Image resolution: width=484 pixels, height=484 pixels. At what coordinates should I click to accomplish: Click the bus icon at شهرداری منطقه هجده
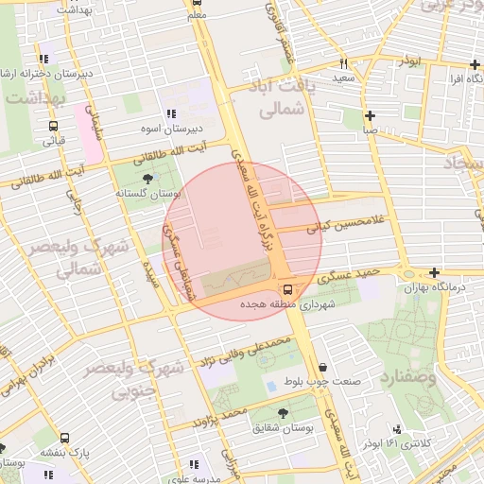pyautogui.click(x=286, y=289)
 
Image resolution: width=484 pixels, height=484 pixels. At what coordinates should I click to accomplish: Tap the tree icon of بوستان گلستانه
pyautogui.click(x=147, y=178)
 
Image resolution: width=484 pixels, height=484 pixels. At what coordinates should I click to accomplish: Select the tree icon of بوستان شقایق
pyautogui.click(x=283, y=413)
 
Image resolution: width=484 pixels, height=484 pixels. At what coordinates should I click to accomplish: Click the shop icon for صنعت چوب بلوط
pyautogui.click(x=323, y=368)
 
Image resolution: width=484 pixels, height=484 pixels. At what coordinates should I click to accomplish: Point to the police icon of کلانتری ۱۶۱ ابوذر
pyautogui.click(x=396, y=429)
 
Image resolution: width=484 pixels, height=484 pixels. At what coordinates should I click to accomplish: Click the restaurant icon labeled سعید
pyautogui.click(x=343, y=63)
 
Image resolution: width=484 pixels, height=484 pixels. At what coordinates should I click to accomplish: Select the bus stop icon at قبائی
pyautogui.click(x=52, y=125)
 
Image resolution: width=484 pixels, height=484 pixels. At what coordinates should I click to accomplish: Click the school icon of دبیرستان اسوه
pyautogui.click(x=171, y=113)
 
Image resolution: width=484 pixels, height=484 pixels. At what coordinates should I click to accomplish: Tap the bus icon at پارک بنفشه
pyautogui.click(x=64, y=439)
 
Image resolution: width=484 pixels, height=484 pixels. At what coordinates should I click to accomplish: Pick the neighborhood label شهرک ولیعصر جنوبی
pyautogui.click(x=121, y=376)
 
